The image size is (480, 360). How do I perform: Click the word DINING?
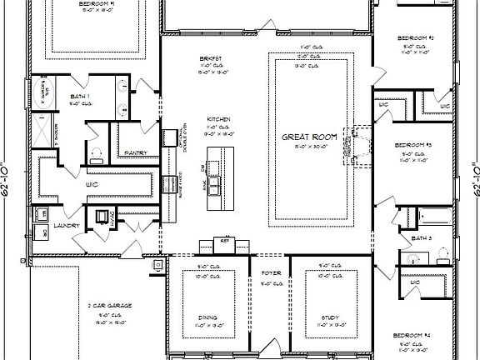click(209, 315)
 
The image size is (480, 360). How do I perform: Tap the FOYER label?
click(271, 272)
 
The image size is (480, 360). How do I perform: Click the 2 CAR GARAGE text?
click(106, 306)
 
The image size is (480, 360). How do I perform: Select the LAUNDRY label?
click(67, 225)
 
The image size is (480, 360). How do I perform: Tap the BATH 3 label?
click(423, 239)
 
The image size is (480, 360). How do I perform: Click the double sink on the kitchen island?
click(215, 182)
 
